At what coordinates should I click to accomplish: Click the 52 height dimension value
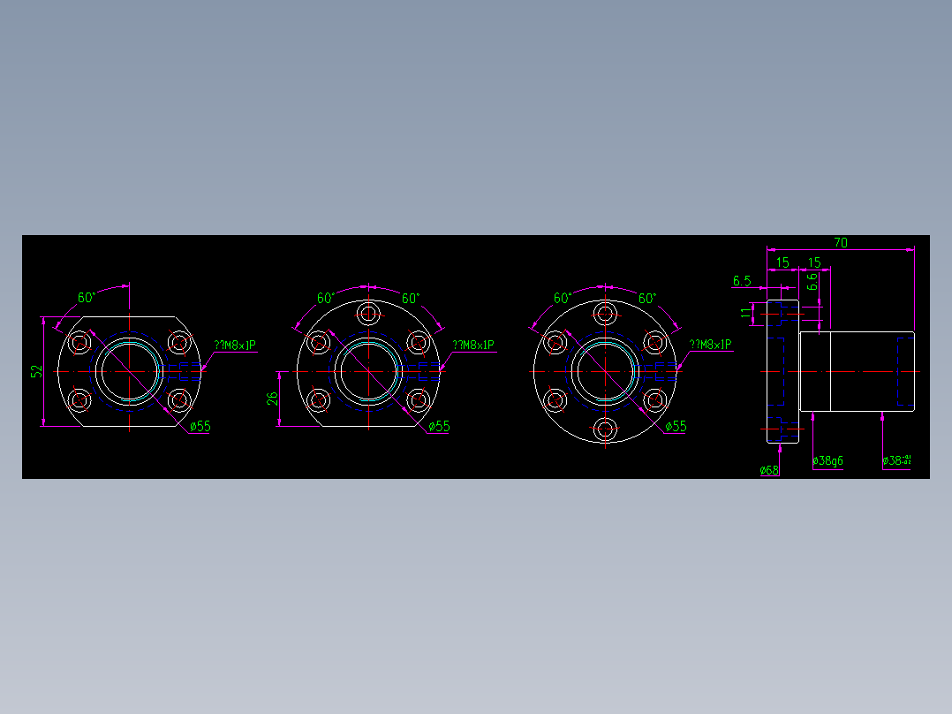click(36, 372)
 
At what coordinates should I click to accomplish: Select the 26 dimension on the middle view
click(273, 399)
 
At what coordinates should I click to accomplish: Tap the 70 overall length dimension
click(840, 242)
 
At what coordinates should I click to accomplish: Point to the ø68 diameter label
click(769, 470)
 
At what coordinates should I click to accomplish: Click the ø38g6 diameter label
click(827, 460)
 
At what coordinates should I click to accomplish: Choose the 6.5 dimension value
click(742, 281)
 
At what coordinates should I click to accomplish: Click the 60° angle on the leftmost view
click(86, 298)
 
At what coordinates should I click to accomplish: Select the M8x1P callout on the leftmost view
click(235, 345)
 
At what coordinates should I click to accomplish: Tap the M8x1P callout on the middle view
click(473, 345)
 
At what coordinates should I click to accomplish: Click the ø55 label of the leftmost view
click(200, 426)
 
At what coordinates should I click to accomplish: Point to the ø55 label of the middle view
click(439, 426)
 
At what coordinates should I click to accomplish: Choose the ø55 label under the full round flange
click(676, 426)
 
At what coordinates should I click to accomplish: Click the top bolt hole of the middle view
click(368, 313)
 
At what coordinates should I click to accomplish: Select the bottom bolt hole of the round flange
click(605, 429)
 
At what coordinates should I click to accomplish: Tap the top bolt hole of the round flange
click(605, 313)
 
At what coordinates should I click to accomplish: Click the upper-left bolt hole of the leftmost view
click(80, 343)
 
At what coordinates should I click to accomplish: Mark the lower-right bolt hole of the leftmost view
click(179, 400)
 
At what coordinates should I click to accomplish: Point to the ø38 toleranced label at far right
click(896, 460)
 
